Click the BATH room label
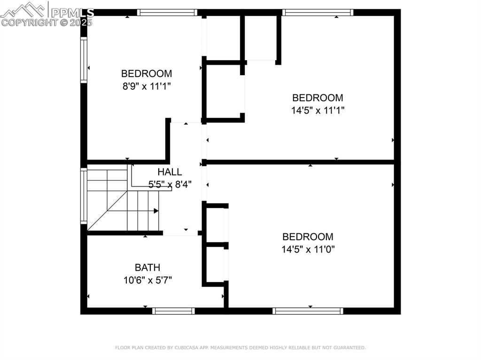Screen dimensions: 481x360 [x=147, y=268]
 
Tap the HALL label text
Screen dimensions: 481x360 [x=170, y=172]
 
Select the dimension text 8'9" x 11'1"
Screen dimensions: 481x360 [x=147, y=86]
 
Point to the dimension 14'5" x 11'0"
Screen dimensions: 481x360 [x=308, y=249]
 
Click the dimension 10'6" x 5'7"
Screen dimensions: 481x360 [x=147, y=280]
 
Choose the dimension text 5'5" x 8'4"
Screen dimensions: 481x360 [x=170, y=184]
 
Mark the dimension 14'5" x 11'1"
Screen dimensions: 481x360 [x=318, y=110]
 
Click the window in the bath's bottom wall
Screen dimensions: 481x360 [x=173, y=311]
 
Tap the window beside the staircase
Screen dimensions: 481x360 [x=84, y=196]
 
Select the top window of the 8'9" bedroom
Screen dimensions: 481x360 [x=167, y=13]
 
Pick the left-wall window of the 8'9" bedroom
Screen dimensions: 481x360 [x=84, y=60]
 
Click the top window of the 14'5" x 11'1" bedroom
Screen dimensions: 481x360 [x=318, y=13]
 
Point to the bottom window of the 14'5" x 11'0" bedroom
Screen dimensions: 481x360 [x=308, y=311]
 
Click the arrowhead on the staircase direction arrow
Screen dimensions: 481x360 [x=156, y=211]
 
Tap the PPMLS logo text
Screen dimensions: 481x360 [x=72, y=13]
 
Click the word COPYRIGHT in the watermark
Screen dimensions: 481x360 [x=30, y=23]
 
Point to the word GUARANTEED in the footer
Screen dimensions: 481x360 [x=349, y=348]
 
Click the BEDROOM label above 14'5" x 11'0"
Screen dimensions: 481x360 [x=308, y=237]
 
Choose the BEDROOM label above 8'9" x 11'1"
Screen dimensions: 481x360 [x=147, y=74]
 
